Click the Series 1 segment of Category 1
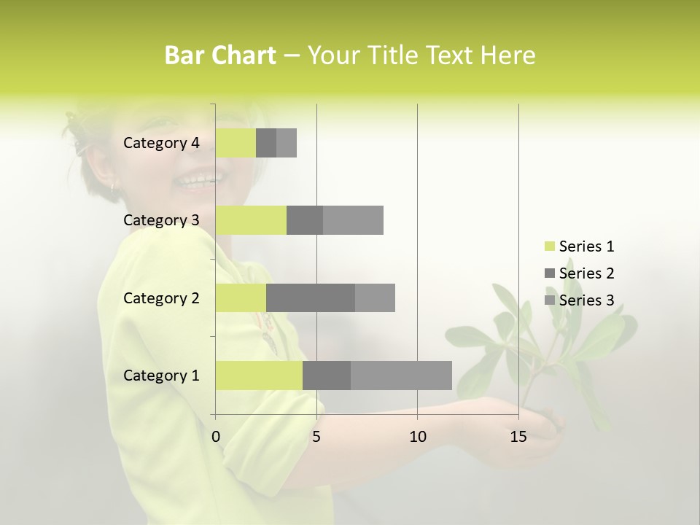click(x=259, y=376)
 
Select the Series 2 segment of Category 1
click(x=327, y=376)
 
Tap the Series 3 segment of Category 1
click(x=401, y=376)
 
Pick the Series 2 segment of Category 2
click(x=311, y=297)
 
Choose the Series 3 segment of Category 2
click(x=375, y=297)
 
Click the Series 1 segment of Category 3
click(x=251, y=220)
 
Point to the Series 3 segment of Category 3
click(x=353, y=220)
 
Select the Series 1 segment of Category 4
click(x=236, y=143)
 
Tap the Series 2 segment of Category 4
click(x=266, y=143)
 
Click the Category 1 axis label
click(x=161, y=376)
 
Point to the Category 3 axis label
click(x=161, y=220)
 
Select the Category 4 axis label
click(x=161, y=143)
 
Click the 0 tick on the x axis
click(x=216, y=437)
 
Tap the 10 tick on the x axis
click(x=417, y=437)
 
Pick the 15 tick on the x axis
click(x=518, y=437)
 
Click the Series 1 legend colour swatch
click(x=549, y=246)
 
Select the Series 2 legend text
click(x=586, y=273)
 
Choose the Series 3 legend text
click(x=586, y=300)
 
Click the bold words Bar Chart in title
click(x=220, y=55)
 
